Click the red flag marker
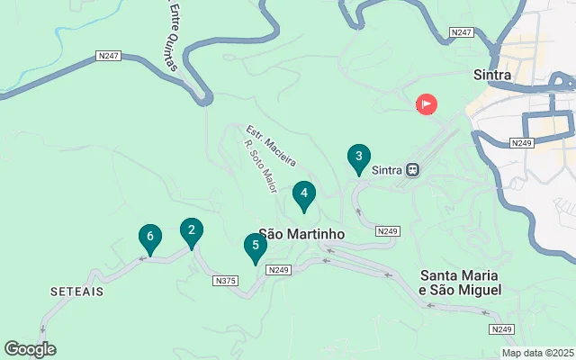coord(426,104)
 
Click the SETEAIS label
coord(77,292)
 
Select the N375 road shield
coord(226,281)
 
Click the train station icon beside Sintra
coord(413,168)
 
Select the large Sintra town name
coord(491,75)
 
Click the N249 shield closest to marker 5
coord(279,269)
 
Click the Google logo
coord(30,349)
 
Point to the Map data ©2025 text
coord(537,353)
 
